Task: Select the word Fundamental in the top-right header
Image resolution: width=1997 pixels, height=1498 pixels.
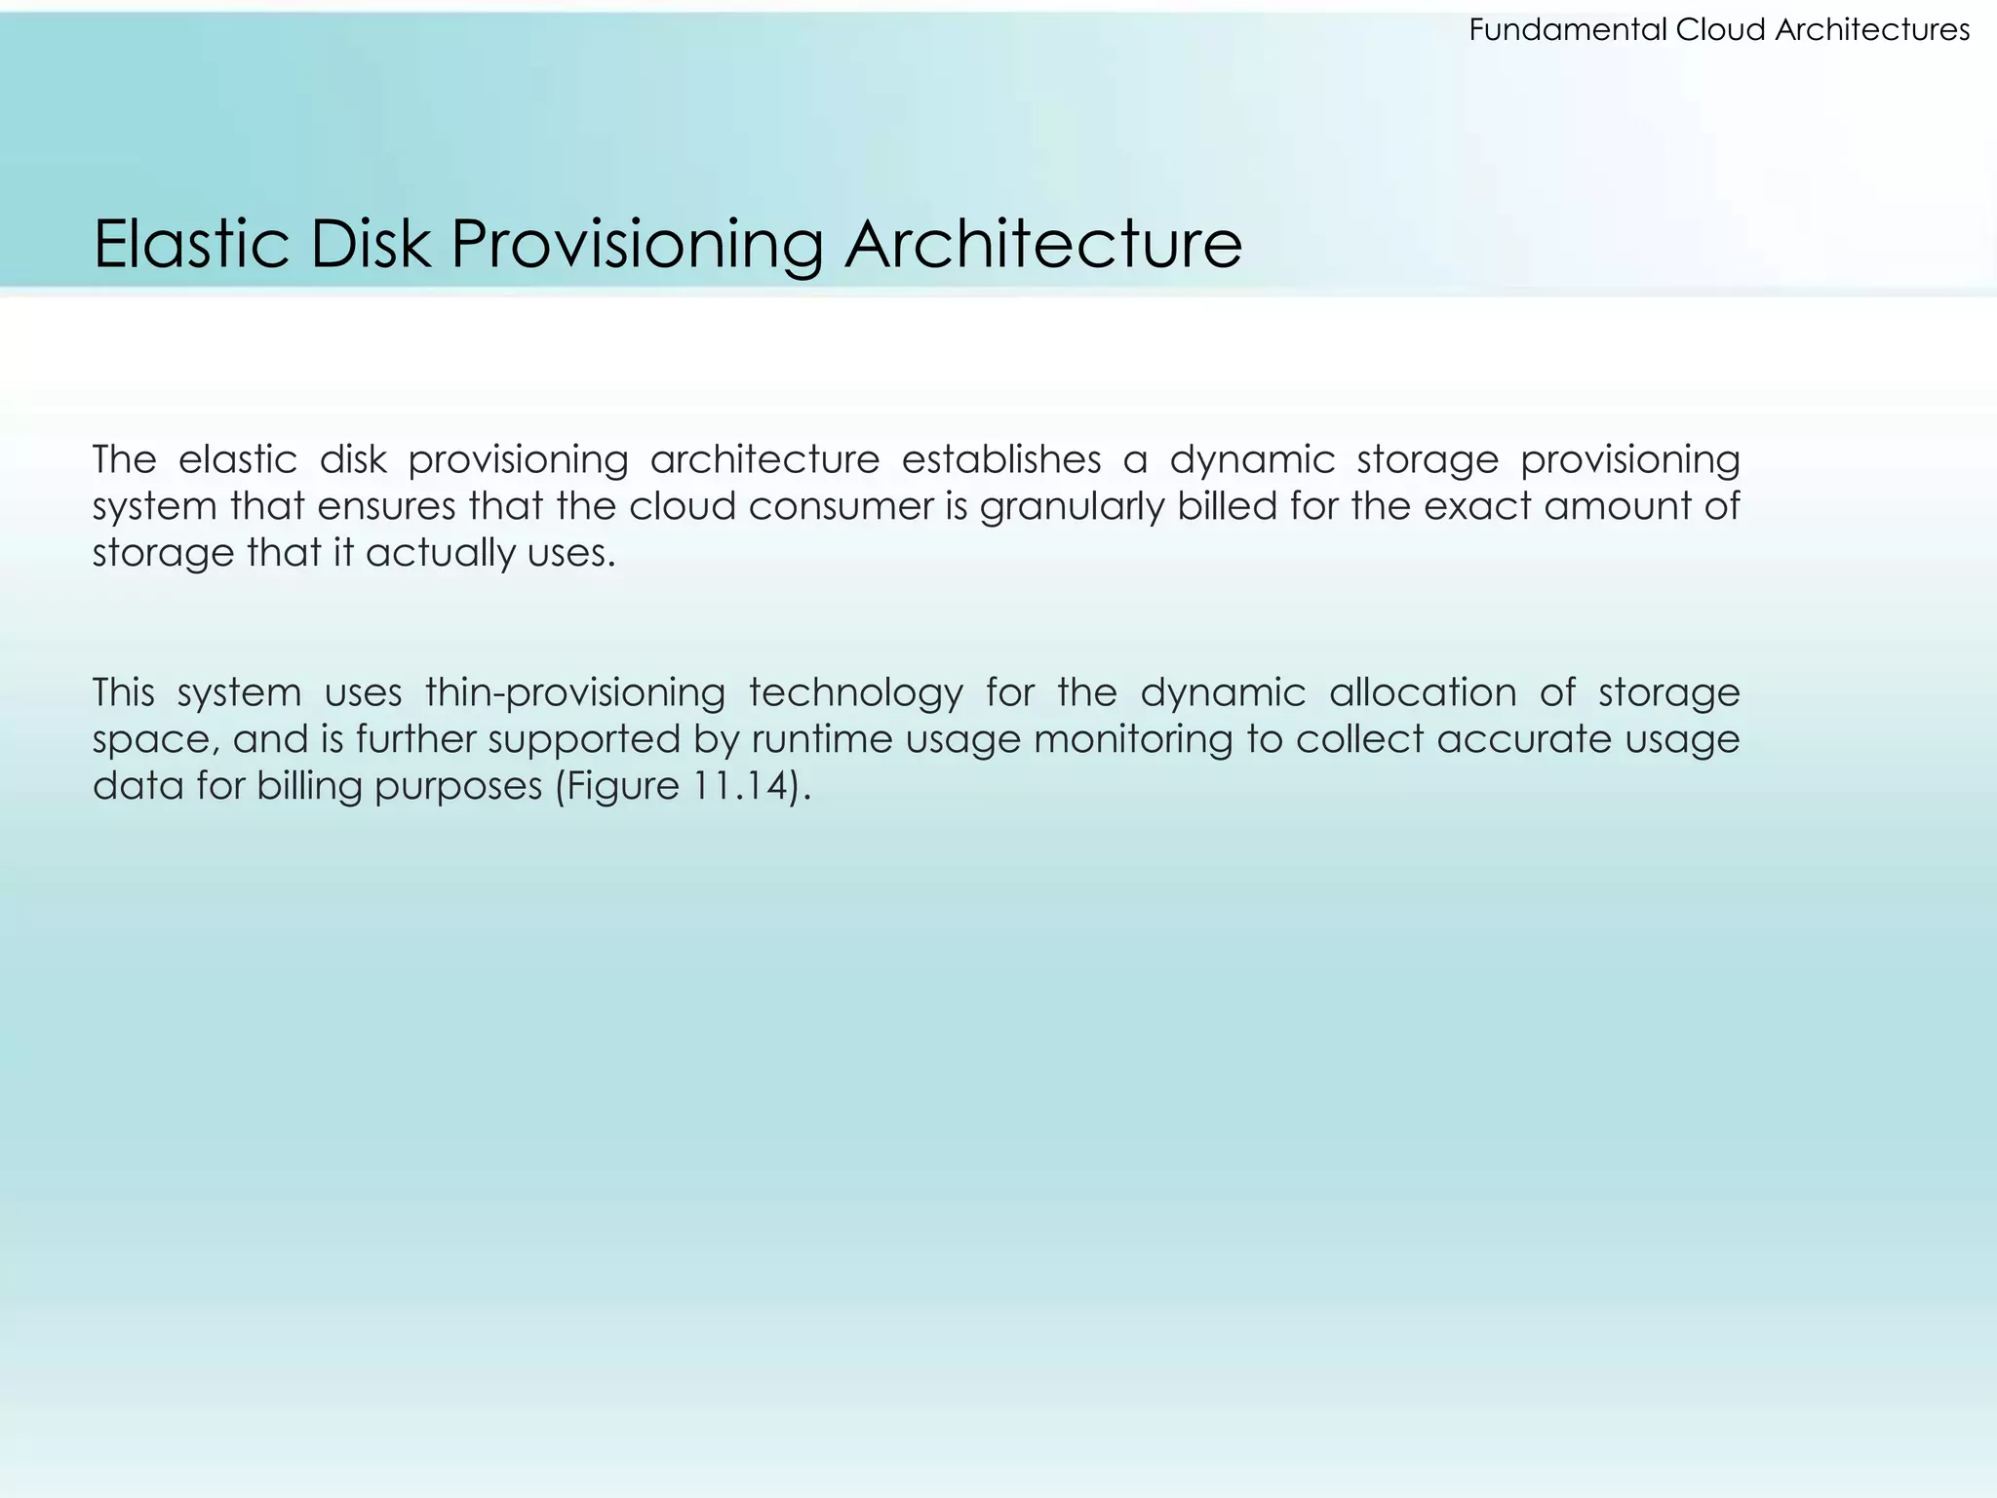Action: point(1568,31)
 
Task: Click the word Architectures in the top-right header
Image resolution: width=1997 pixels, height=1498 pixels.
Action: point(1872,31)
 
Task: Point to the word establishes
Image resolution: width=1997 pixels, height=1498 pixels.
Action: point(1001,459)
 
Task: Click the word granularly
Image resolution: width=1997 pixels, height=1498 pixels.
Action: point(1073,506)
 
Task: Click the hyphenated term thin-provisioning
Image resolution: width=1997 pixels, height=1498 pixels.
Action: point(575,693)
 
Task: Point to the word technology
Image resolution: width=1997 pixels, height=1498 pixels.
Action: point(856,693)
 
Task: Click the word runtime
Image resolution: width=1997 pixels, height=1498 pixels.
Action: point(822,739)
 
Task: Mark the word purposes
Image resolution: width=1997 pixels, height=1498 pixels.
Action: point(458,786)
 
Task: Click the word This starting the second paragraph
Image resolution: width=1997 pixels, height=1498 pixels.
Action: point(124,693)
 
